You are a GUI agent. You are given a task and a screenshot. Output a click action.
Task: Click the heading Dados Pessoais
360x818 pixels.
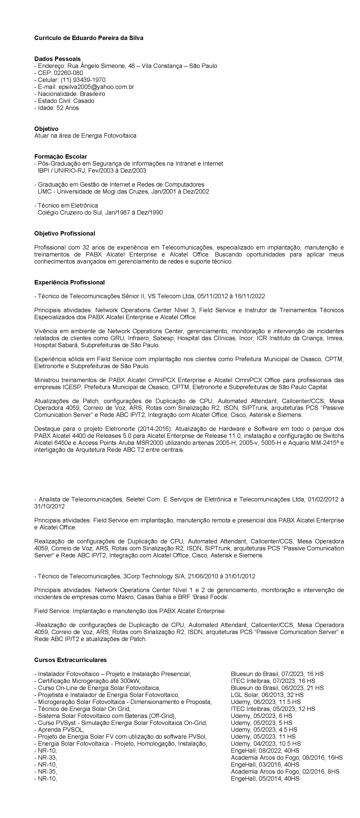coord(57,59)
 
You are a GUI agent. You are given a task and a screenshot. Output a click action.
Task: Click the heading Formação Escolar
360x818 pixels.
coord(61,157)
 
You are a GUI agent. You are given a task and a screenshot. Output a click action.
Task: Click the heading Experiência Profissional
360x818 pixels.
coord(69,282)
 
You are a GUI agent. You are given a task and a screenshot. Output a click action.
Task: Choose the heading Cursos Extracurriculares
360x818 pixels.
coord(71,660)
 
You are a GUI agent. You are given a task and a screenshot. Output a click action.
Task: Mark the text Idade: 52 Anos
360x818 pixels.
coord(58,108)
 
